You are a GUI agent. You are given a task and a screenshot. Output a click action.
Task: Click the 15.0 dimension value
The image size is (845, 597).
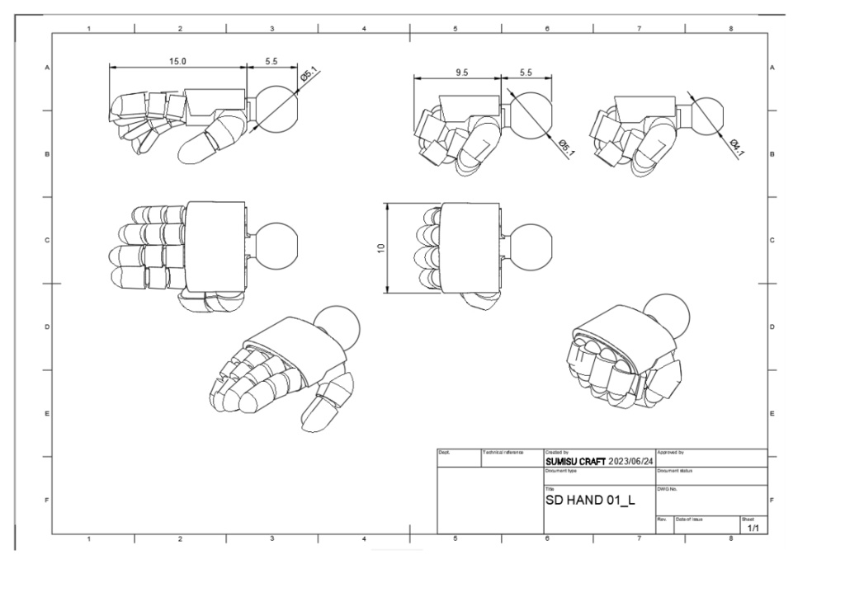click(177, 61)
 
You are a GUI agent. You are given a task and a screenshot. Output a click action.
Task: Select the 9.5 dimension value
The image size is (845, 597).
click(461, 73)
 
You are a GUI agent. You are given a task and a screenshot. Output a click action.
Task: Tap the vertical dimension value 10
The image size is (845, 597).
click(381, 247)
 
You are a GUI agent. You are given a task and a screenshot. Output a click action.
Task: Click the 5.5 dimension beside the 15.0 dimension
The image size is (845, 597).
click(271, 61)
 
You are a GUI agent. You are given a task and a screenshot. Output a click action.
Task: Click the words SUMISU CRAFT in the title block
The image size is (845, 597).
click(575, 462)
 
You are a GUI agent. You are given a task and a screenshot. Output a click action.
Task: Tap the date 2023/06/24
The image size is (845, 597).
click(630, 462)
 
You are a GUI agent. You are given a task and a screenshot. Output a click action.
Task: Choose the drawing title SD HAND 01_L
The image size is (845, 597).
click(590, 500)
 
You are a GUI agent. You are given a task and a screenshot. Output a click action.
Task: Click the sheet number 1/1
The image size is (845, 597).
click(753, 527)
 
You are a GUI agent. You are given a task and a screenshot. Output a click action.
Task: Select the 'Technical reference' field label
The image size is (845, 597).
click(503, 453)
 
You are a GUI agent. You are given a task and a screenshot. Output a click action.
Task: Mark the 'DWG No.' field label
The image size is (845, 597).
click(667, 489)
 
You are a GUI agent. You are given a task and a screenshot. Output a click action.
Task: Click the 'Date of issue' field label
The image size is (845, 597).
click(688, 519)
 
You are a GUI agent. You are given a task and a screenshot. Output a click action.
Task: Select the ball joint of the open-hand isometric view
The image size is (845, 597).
click(338, 326)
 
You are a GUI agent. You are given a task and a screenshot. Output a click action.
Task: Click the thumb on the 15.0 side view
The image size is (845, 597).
click(206, 138)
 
